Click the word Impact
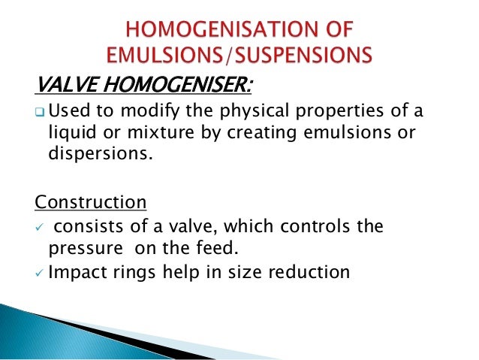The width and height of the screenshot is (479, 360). (74, 271)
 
